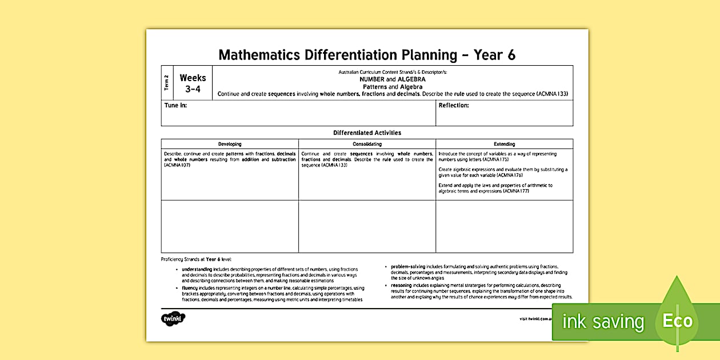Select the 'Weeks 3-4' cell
(193, 83)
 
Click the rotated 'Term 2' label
(167, 83)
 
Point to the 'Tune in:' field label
(175, 106)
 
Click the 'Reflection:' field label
(454, 106)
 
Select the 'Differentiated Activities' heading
(367, 133)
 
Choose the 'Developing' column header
(230, 144)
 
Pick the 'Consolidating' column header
(367, 144)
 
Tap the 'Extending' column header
(504, 144)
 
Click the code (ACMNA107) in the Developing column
(177, 165)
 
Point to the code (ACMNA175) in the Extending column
(495, 159)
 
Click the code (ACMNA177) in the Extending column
(516, 191)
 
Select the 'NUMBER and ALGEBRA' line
(392, 79)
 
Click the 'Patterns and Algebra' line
(392, 87)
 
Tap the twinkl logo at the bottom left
(174, 319)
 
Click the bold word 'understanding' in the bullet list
(197, 269)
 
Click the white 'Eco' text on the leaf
(678, 321)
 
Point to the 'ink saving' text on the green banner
(603, 322)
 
